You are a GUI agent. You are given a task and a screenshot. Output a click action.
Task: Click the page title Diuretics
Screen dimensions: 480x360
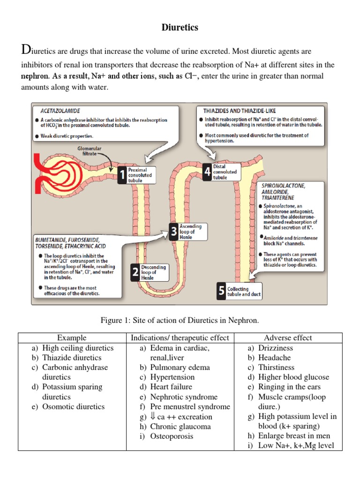180,28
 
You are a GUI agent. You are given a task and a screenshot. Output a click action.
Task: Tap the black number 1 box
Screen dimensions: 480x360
122,175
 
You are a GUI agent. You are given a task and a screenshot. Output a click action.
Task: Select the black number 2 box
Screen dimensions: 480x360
135,272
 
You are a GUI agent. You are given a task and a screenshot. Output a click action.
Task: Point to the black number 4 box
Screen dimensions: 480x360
207,172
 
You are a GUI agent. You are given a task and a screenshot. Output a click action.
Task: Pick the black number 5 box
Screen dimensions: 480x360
221,291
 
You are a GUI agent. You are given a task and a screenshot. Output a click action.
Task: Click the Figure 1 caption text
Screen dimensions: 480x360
180,320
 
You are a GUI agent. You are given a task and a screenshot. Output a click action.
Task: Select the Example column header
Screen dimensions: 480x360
71,337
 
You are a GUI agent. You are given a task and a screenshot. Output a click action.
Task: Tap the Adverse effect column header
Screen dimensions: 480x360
288,337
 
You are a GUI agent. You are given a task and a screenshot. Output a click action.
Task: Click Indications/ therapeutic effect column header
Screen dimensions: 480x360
180,337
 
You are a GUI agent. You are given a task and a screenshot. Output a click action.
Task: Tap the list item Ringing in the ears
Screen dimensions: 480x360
289,387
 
